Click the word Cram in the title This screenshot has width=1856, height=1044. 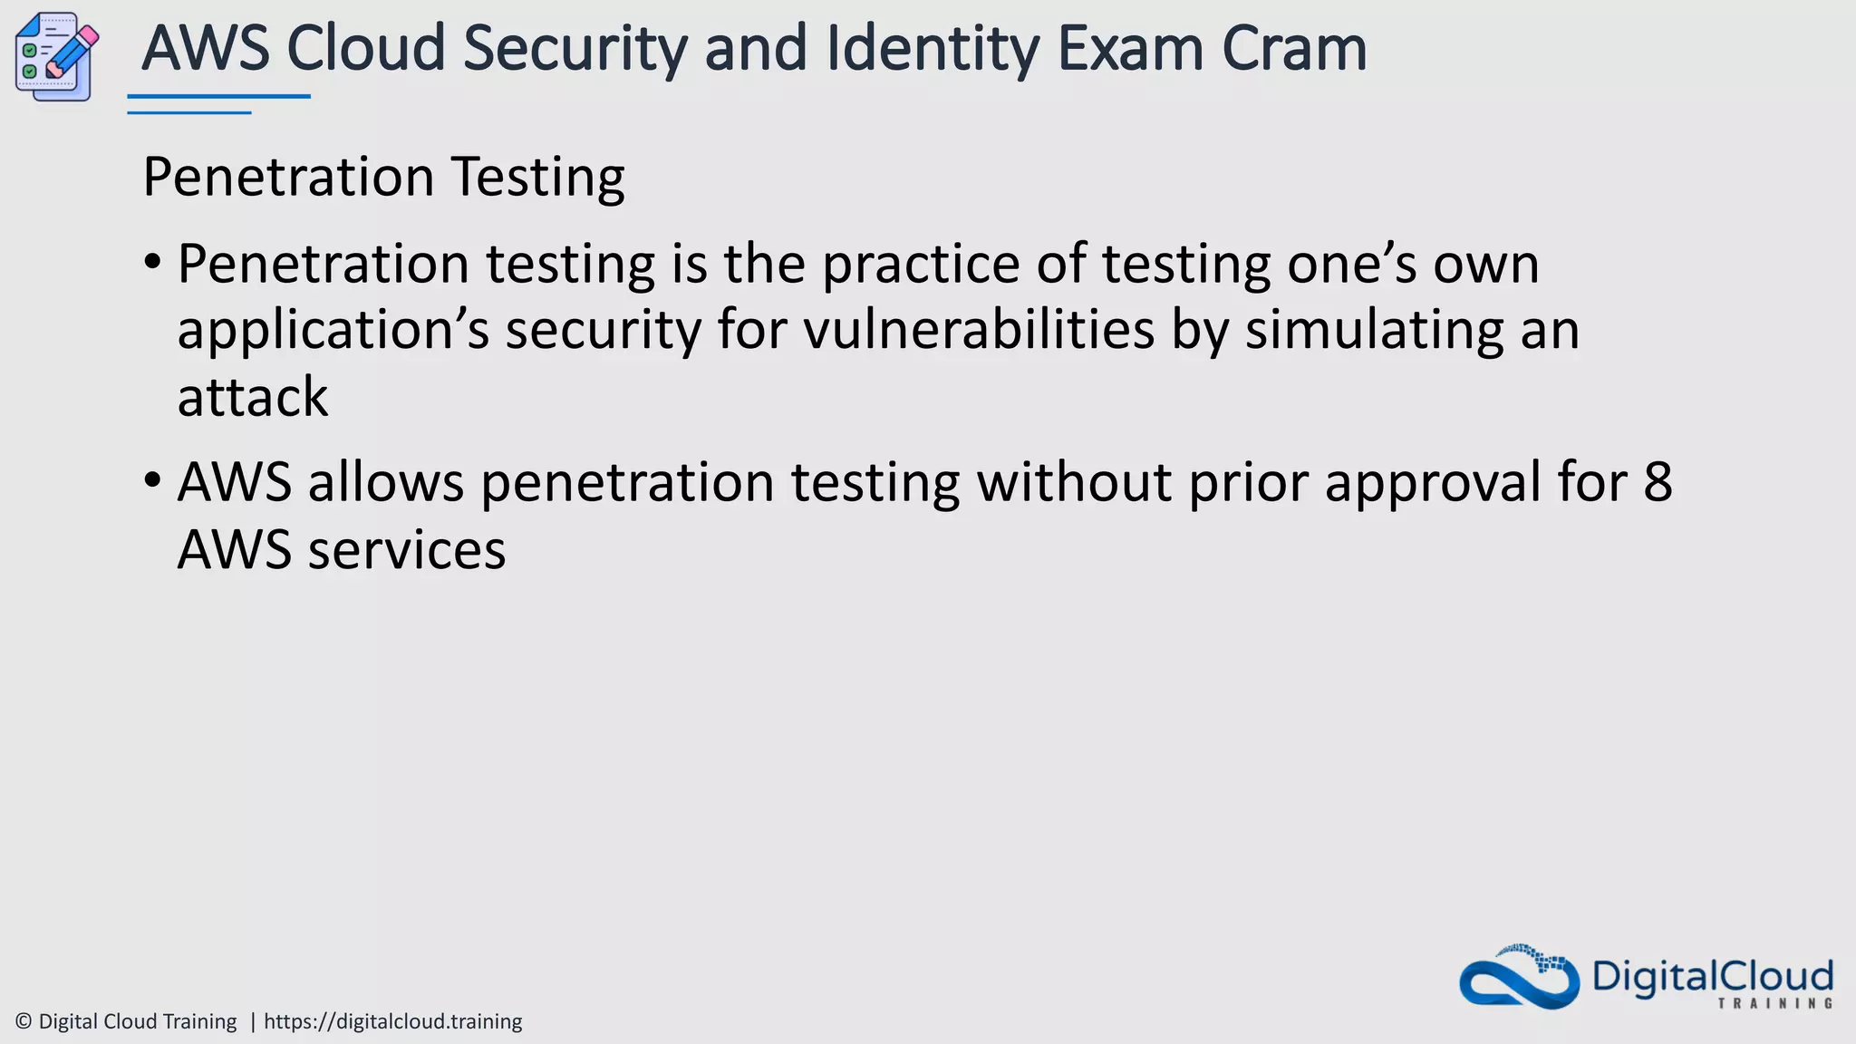pyautogui.click(x=1293, y=49)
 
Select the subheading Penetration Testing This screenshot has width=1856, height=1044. pyautogui.click(x=383, y=177)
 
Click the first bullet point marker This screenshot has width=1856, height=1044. pyautogui.click(x=152, y=264)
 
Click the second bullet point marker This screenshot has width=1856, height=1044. pyautogui.click(x=152, y=480)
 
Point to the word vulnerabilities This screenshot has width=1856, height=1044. pyautogui.click(x=979, y=330)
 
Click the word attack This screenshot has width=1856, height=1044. pyautogui.click(x=252, y=397)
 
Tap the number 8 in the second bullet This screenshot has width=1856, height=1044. pyautogui.click(x=1658, y=481)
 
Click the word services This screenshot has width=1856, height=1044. pyautogui.click(x=406, y=550)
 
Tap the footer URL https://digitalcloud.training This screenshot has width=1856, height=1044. pyautogui.click(x=392, y=1021)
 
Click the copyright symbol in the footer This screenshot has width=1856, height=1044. pyautogui.click(x=24, y=1021)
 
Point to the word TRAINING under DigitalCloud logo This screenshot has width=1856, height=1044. pyautogui.click(x=1774, y=1003)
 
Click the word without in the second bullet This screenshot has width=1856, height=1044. pyautogui.click(x=1074, y=481)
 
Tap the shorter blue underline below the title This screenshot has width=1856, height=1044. pyautogui.click(x=188, y=113)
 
